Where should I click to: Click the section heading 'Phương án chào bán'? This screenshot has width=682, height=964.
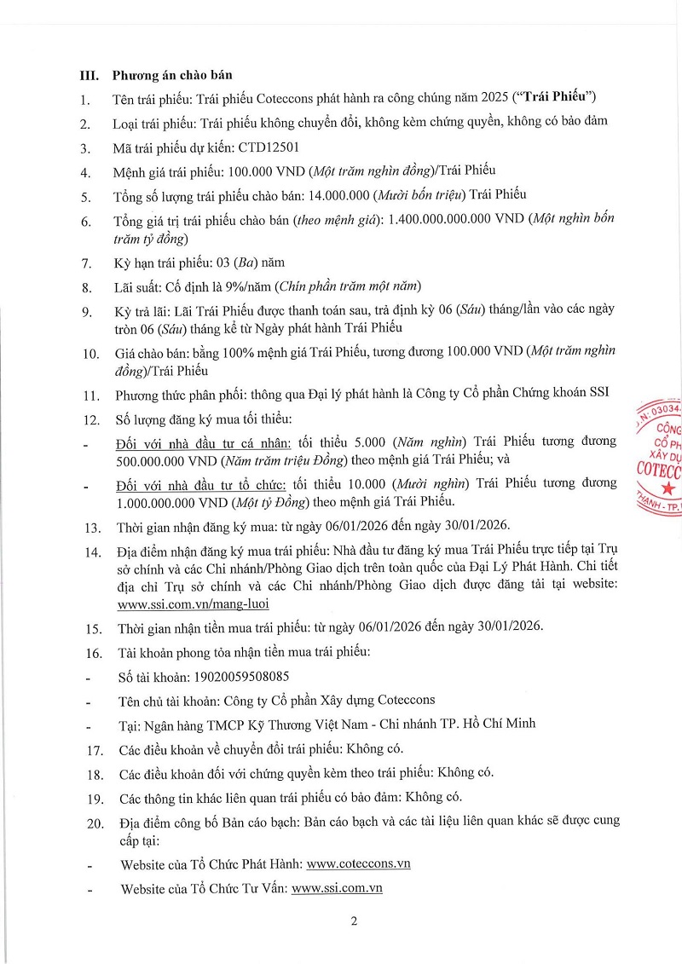coord(166,76)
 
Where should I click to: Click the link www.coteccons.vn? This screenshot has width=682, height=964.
coord(358,863)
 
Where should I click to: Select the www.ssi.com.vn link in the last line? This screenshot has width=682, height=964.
coord(336,887)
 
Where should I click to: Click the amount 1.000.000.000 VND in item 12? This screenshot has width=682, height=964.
coord(169,501)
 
